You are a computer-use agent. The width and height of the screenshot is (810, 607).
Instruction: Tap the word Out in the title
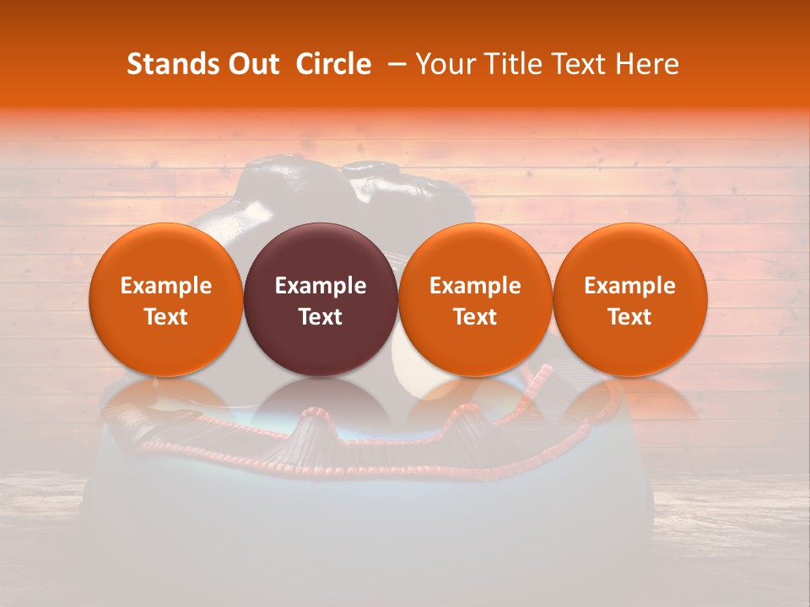pyautogui.click(x=252, y=64)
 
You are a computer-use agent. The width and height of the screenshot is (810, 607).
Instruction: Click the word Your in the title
pyautogui.click(x=444, y=64)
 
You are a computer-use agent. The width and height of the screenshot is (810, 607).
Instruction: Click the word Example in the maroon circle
pyautogui.click(x=321, y=286)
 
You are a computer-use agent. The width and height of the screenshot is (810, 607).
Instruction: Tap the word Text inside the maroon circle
pyautogui.click(x=321, y=317)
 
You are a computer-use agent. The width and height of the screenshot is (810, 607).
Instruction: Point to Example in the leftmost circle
pyautogui.click(x=166, y=286)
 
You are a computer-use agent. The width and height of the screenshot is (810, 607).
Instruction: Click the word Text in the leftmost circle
pyautogui.click(x=166, y=317)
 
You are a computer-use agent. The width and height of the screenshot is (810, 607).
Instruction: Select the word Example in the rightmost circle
pyautogui.click(x=630, y=286)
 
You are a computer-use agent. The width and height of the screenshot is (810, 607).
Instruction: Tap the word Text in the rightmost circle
pyautogui.click(x=630, y=317)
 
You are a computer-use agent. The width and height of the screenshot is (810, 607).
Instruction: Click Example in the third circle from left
pyautogui.click(x=475, y=286)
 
